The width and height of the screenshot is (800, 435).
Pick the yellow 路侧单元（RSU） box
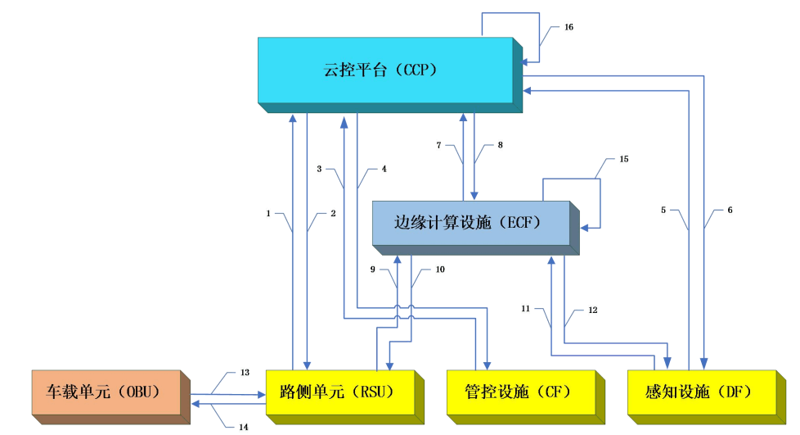pyautogui.click(x=339, y=392)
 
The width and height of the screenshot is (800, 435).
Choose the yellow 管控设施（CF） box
pyautogui.click(x=519, y=392)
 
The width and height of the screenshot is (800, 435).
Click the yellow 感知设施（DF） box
pyautogui.click(x=699, y=392)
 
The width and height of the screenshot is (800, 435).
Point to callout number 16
pyautogui.click(x=569, y=27)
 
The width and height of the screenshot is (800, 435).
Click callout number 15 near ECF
pyautogui.click(x=623, y=158)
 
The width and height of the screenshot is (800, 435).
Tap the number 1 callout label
pyautogui.click(x=267, y=214)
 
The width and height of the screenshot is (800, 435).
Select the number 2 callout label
pyautogui.click(x=333, y=214)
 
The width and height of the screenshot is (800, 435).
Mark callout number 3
pyautogui.click(x=320, y=169)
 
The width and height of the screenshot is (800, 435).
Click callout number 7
pyautogui.click(x=438, y=145)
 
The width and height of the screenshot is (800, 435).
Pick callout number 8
pyautogui.click(x=501, y=145)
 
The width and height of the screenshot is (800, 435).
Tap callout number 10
pyautogui.click(x=440, y=269)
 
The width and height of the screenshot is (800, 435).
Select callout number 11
pyautogui.click(x=526, y=308)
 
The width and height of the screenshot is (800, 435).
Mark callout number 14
pyautogui.click(x=244, y=427)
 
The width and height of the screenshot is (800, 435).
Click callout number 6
pyautogui.click(x=729, y=210)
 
